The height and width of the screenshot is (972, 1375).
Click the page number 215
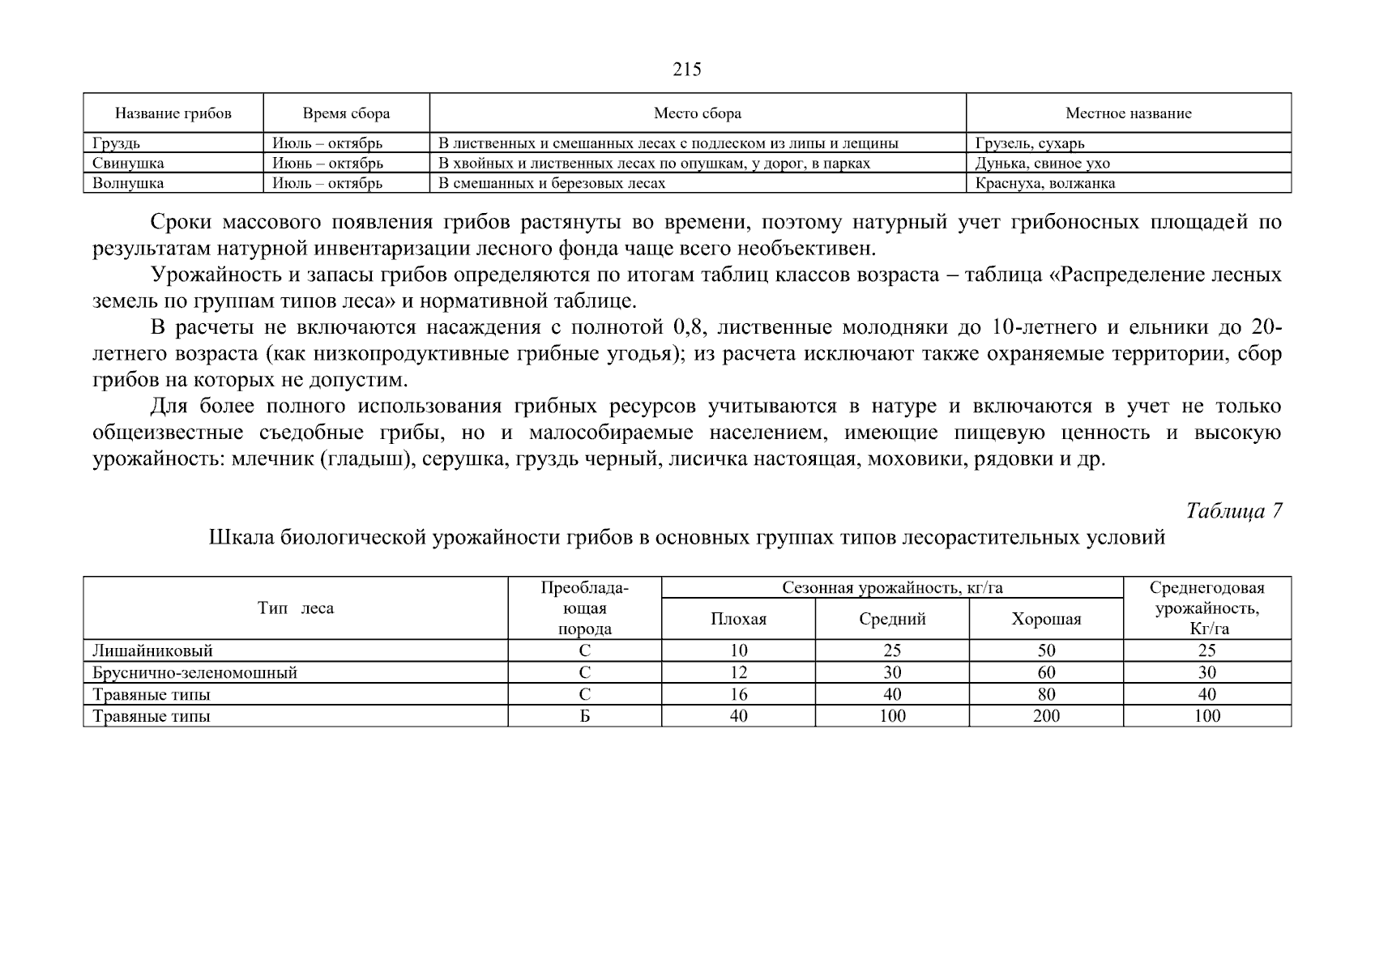tap(686, 70)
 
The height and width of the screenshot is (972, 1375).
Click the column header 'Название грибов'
tap(173, 113)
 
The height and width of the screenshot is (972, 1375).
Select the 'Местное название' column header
tap(1128, 113)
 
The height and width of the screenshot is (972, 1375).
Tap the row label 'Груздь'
tap(116, 143)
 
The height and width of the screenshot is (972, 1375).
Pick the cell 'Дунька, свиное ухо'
tap(1042, 164)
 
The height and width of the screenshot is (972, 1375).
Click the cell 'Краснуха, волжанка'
tap(1044, 183)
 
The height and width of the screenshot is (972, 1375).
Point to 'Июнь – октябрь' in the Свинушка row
tap(327, 164)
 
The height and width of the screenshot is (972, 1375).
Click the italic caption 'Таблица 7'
tap(1233, 511)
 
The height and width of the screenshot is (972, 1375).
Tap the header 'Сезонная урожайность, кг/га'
tap(891, 588)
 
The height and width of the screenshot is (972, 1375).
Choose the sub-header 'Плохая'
tap(738, 620)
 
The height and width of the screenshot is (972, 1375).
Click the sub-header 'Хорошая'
tap(1046, 620)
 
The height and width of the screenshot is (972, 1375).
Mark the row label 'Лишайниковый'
tap(152, 650)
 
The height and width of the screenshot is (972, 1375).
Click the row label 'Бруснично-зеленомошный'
tap(194, 672)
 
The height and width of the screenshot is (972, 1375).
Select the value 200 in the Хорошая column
tap(1046, 716)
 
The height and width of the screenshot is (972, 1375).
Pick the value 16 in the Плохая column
tap(738, 694)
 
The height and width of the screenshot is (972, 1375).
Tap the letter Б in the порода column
tap(584, 716)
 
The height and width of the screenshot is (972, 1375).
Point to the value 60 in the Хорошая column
tap(1046, 672)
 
